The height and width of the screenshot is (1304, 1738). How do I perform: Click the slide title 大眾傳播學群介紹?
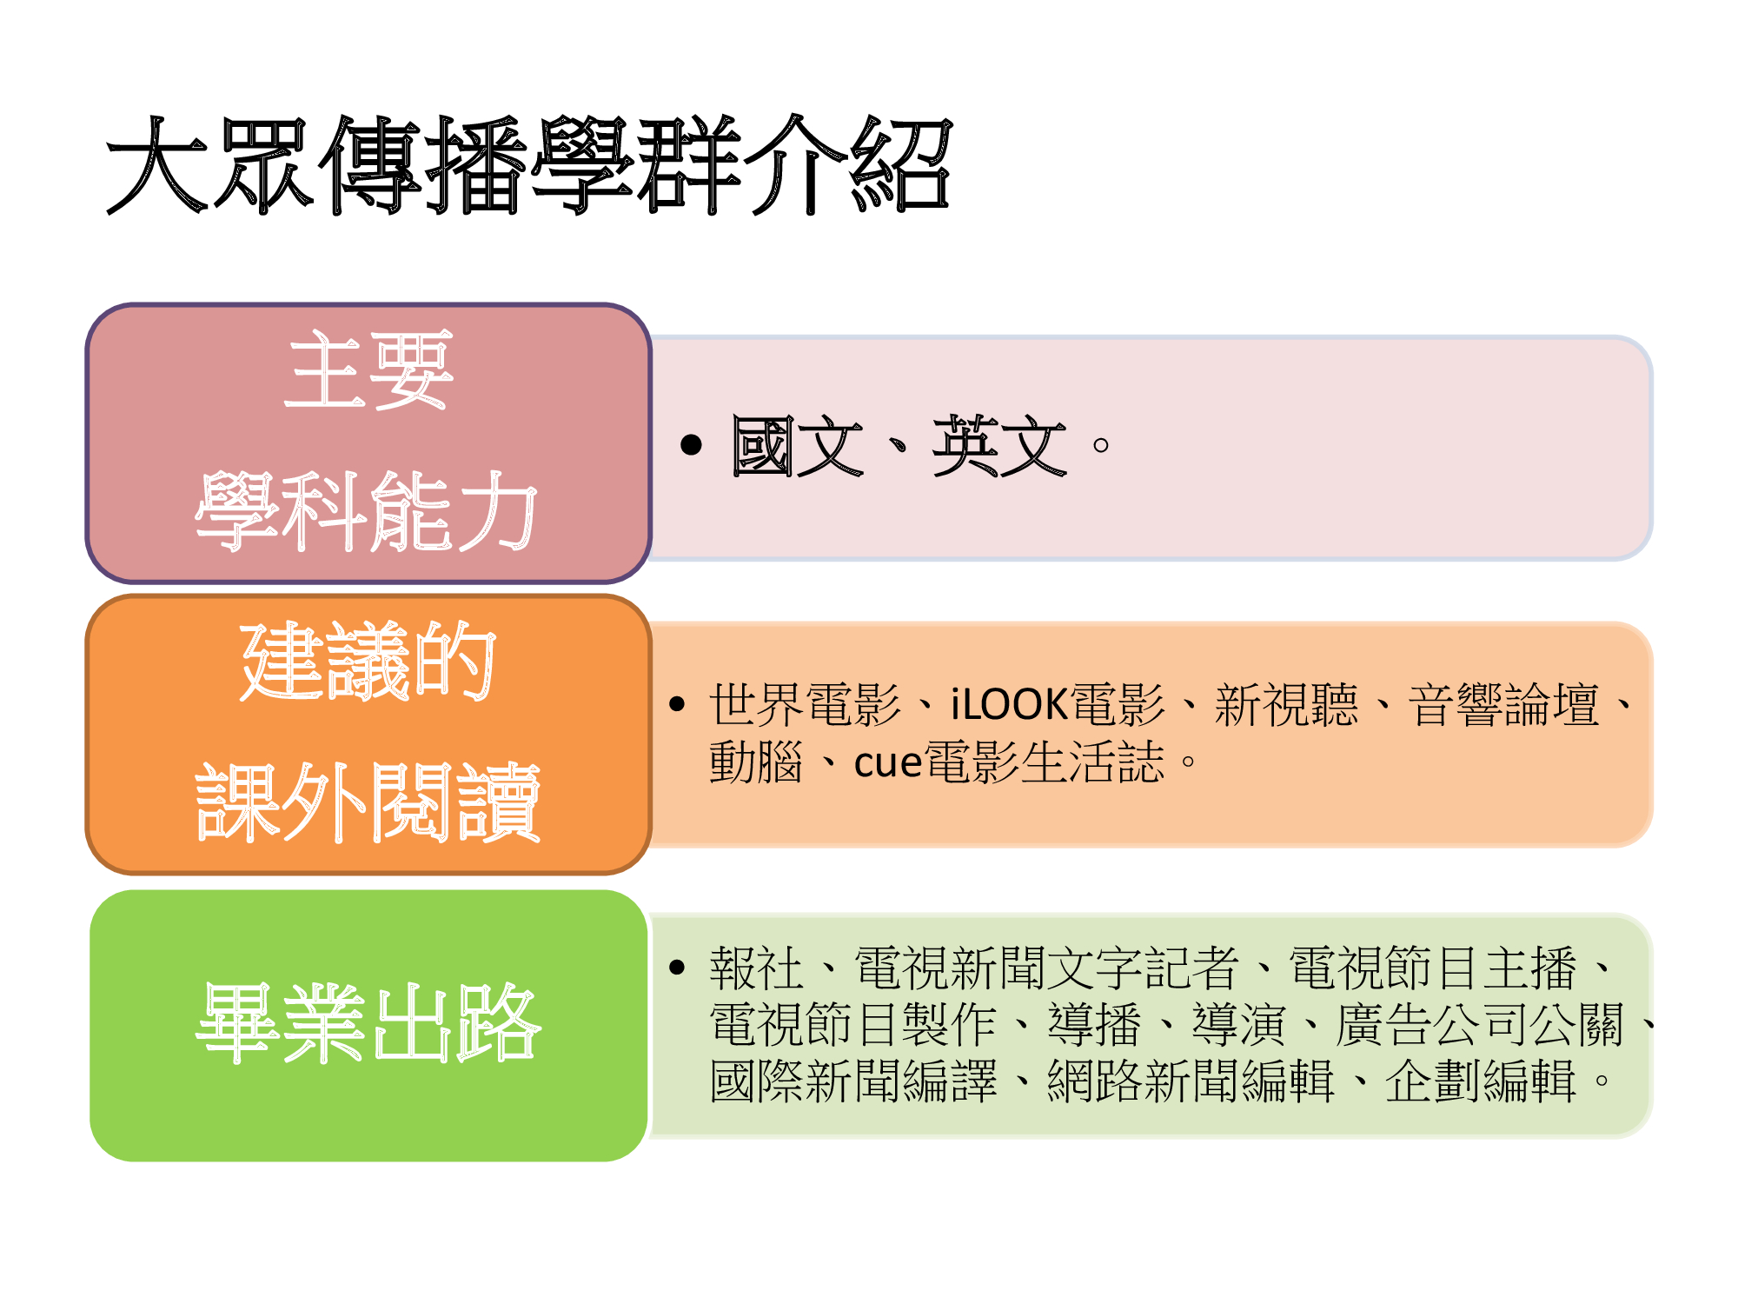tap(529, 165)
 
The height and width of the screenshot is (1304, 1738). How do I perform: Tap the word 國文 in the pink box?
tap(798, 446)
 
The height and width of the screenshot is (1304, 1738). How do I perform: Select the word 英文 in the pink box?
tap(999, 446)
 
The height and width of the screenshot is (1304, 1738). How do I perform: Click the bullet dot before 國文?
tap(691, 445)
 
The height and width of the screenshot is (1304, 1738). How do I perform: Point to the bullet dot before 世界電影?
tap(678, 704)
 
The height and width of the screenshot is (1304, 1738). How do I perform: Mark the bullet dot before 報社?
tap(678, 968)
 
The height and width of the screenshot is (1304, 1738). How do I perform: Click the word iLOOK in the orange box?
tap(1009, 704)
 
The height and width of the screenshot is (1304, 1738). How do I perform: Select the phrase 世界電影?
tap(806, 704)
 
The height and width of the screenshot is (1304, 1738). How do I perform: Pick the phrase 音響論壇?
tap(1504, 704)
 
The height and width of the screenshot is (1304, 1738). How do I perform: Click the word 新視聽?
tap(1286, 704)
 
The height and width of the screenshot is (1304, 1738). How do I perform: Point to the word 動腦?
tap(756, 762)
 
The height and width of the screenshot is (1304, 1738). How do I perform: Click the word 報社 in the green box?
tap(756, 968)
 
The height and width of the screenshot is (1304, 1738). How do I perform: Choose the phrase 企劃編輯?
tap(1481, 1081)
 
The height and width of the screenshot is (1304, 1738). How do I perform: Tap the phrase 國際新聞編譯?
tap(853, 1081)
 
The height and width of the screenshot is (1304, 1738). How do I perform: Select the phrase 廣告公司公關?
tap(1480, 1025)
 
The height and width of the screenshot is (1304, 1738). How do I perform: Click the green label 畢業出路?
tap(368, 1023)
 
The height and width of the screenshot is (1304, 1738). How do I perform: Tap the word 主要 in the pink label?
tap(368, 370)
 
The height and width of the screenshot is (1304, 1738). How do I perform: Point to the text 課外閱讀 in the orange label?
tap(368, 802)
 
